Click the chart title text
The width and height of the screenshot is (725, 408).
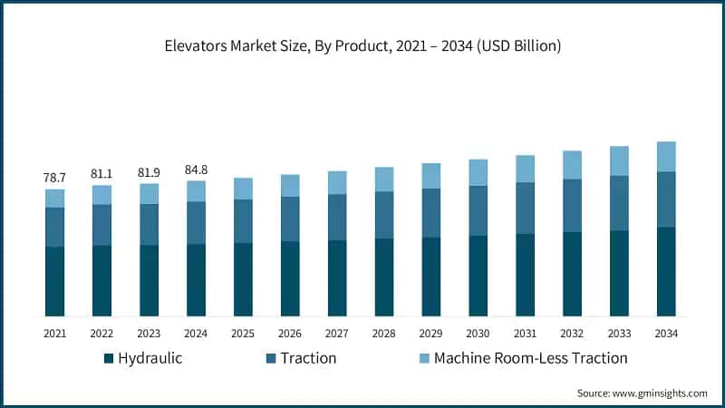tap(362, 46)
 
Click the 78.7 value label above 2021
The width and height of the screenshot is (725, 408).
tap(54, 178)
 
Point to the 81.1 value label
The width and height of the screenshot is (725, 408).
tap(101, 174)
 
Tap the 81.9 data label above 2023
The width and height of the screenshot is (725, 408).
tap(149, 172)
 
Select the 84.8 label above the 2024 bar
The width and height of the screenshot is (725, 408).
tap(196, 169)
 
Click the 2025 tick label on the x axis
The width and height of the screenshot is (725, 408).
tap(243, 334)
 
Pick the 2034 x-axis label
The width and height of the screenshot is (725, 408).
tap(666, 334)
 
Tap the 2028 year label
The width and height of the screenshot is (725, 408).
tap(384, 334)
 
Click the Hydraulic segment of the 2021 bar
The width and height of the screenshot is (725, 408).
tap(54, 281)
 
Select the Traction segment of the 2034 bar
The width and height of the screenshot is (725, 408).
tap(666, 199)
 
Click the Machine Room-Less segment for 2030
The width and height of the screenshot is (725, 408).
tap(478, 172)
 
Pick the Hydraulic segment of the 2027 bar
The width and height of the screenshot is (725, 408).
tap(337, 277)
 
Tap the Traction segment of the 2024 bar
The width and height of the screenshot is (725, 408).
tap(196, 223)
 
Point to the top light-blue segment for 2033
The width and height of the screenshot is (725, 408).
tap(619, 160)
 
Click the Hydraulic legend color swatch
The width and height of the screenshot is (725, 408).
tap(110, 358)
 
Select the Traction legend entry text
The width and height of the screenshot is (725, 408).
tap(308, 358)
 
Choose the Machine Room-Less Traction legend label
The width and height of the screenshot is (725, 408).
tap(530, 358)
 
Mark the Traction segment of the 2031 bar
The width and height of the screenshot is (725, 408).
tap(526, 209)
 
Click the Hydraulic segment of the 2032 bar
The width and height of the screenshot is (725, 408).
tap(572, 274)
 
